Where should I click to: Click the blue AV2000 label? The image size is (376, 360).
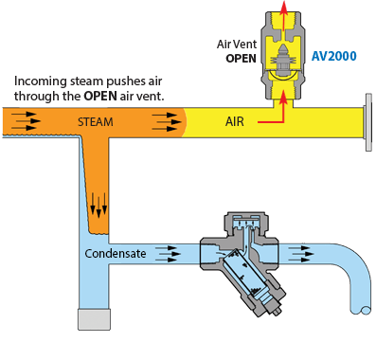[x=334, y=56]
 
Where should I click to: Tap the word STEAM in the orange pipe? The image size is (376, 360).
[x=96, y=122]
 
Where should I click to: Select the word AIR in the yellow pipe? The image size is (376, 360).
[x=235, y=121]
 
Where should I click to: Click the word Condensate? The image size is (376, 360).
[x=116, y=253]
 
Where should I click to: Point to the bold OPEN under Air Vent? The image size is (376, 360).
[x=241, y=59]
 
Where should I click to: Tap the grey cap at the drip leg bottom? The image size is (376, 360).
[x=95, y=319]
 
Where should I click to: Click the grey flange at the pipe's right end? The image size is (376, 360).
[x=368, y=122]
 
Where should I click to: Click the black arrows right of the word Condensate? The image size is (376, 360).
[x=168, y=254]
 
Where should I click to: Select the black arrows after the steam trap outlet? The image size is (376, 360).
[x=301, y=254]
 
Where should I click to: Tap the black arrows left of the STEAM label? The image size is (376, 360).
[x=26, y=121]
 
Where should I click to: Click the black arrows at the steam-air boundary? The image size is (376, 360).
[x=167, y=121]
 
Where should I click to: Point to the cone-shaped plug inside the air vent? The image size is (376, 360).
[x=283, y=50]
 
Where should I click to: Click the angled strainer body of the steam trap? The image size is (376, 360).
[x=249, y=278]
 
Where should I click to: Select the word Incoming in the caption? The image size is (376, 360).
[x=41, y=81]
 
